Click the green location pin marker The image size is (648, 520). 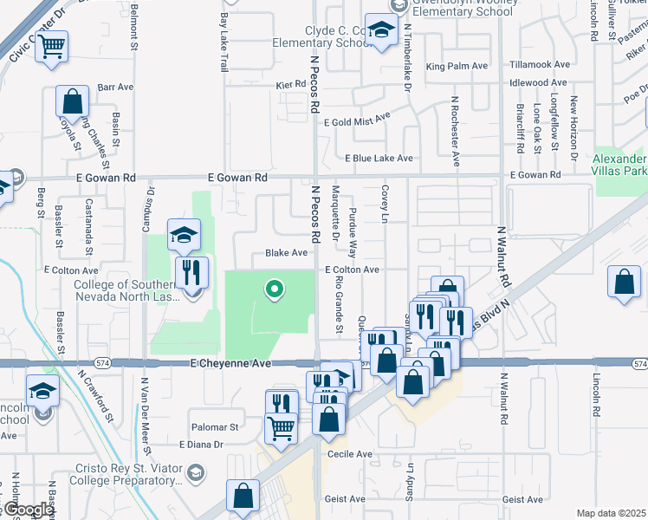275,289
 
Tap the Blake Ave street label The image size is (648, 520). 286,253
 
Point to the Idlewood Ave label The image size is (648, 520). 541,83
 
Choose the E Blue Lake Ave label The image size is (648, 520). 379,159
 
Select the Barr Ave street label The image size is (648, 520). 115,87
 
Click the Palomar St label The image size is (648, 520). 216,427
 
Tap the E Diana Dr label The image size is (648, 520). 200,445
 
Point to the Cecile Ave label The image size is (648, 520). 350,454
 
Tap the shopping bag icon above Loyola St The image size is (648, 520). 73,101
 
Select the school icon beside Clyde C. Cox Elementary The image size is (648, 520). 380,30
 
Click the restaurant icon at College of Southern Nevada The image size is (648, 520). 191,272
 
